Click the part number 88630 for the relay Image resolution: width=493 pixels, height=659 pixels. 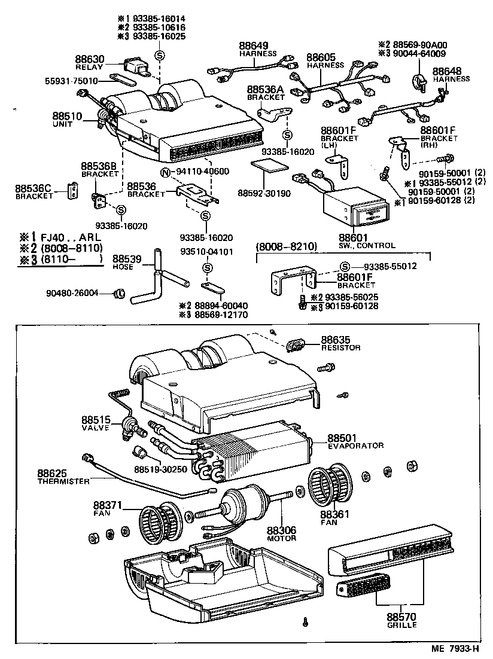coord(90,59)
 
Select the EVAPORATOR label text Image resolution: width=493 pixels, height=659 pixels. coord(355,446)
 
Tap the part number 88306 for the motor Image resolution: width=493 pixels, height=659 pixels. coord(281,530)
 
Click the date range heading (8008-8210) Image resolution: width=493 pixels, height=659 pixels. coord(287,246)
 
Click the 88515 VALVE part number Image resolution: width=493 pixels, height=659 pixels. coord(98,421)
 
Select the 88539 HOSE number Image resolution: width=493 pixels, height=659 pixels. coord(127,258)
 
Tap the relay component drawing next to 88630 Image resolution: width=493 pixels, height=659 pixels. coord(137,66)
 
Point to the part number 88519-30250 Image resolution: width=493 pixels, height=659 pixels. coord(160,469)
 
